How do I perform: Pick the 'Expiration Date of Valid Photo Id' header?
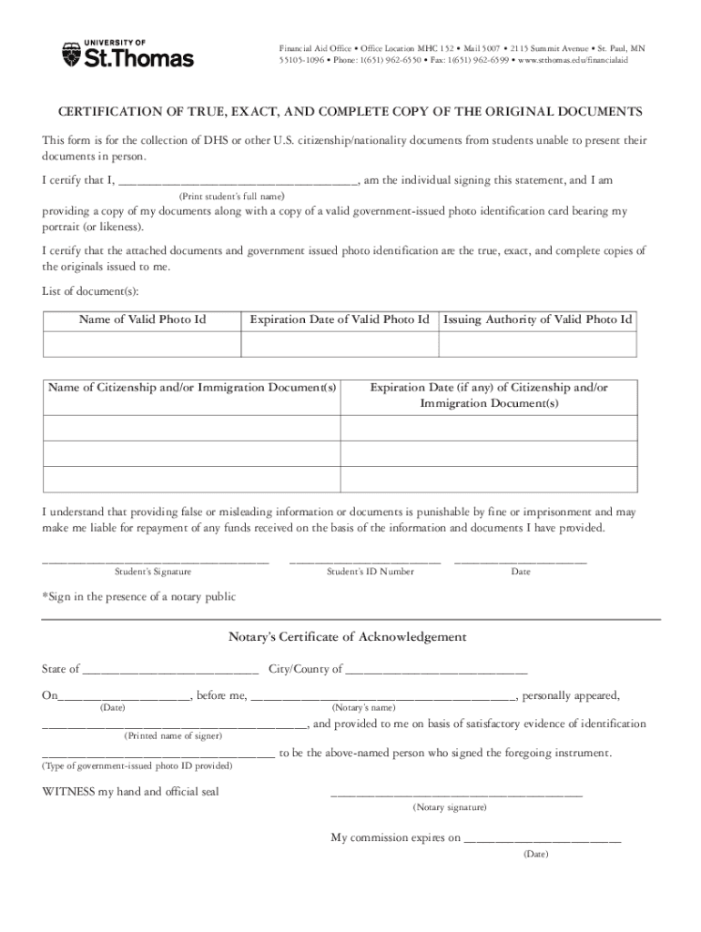pyautogui.click(x=340, y=319)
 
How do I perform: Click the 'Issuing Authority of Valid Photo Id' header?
pyautogui.click(x=538, y=319)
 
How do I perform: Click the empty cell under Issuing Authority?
pyautogui.click(x=538, y=344)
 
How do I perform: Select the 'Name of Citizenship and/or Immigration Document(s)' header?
pyautogui.click(x=192, y=389)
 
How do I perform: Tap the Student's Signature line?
pyautogui.click(x=156, y=559)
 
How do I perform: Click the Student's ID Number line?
pyautogui.click(x=365, y=559)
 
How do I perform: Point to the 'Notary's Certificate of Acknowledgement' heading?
pyautogui.click(x=347, y=637)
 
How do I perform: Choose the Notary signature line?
pyautogui.click(x=456, y=795)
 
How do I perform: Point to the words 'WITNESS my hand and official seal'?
pyautogui.click(x=131, y=792)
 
